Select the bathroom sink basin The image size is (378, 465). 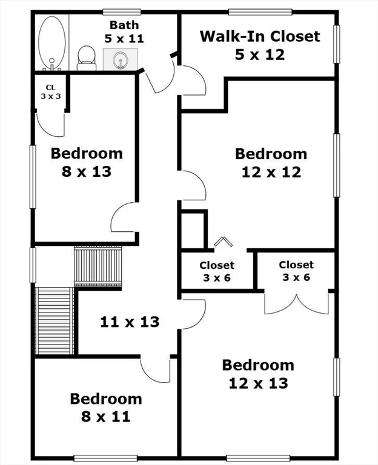point(119,60)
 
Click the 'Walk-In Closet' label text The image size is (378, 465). point(260,36)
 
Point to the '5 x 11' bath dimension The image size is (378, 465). point(124,38)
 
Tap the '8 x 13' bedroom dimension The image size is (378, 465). point(87,171)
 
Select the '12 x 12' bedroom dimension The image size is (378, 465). point(271,172)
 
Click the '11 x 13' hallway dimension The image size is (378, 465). point(130,322)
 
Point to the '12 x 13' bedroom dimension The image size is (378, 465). point(258,383)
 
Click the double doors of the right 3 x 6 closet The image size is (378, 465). point(296,303)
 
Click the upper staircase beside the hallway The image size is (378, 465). point(98,266)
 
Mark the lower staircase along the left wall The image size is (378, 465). point(55,321)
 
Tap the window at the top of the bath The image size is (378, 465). point(122,11)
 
